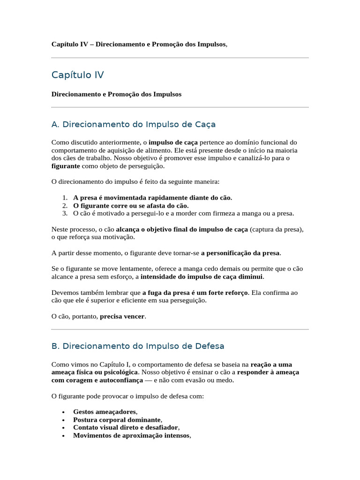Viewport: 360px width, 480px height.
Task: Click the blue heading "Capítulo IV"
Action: (77, 75)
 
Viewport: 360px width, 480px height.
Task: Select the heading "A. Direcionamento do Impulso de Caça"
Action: (133, 125)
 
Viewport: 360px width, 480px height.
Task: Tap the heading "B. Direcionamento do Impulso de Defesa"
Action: (138, 346)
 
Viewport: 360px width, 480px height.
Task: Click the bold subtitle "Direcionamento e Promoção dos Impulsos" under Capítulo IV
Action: (116, 94)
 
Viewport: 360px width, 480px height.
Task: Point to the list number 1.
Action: (65, 198)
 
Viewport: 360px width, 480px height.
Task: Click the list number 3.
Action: (65, 214)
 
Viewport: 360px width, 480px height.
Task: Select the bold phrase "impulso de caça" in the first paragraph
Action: (173, 142)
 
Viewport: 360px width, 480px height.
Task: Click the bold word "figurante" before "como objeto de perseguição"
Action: (66, 166)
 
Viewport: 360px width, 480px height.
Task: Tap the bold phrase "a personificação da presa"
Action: (240, 253)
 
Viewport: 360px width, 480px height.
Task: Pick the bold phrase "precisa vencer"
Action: (123, 316)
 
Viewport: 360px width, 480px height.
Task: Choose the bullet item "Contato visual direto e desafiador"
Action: (126, 427)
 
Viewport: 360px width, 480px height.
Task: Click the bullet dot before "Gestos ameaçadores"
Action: (63, 412)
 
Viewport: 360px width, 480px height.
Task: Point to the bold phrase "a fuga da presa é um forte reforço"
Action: (195, 292)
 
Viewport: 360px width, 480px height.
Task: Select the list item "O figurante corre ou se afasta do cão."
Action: (131, 206)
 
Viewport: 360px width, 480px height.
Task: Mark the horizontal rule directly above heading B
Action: (180, 330)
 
